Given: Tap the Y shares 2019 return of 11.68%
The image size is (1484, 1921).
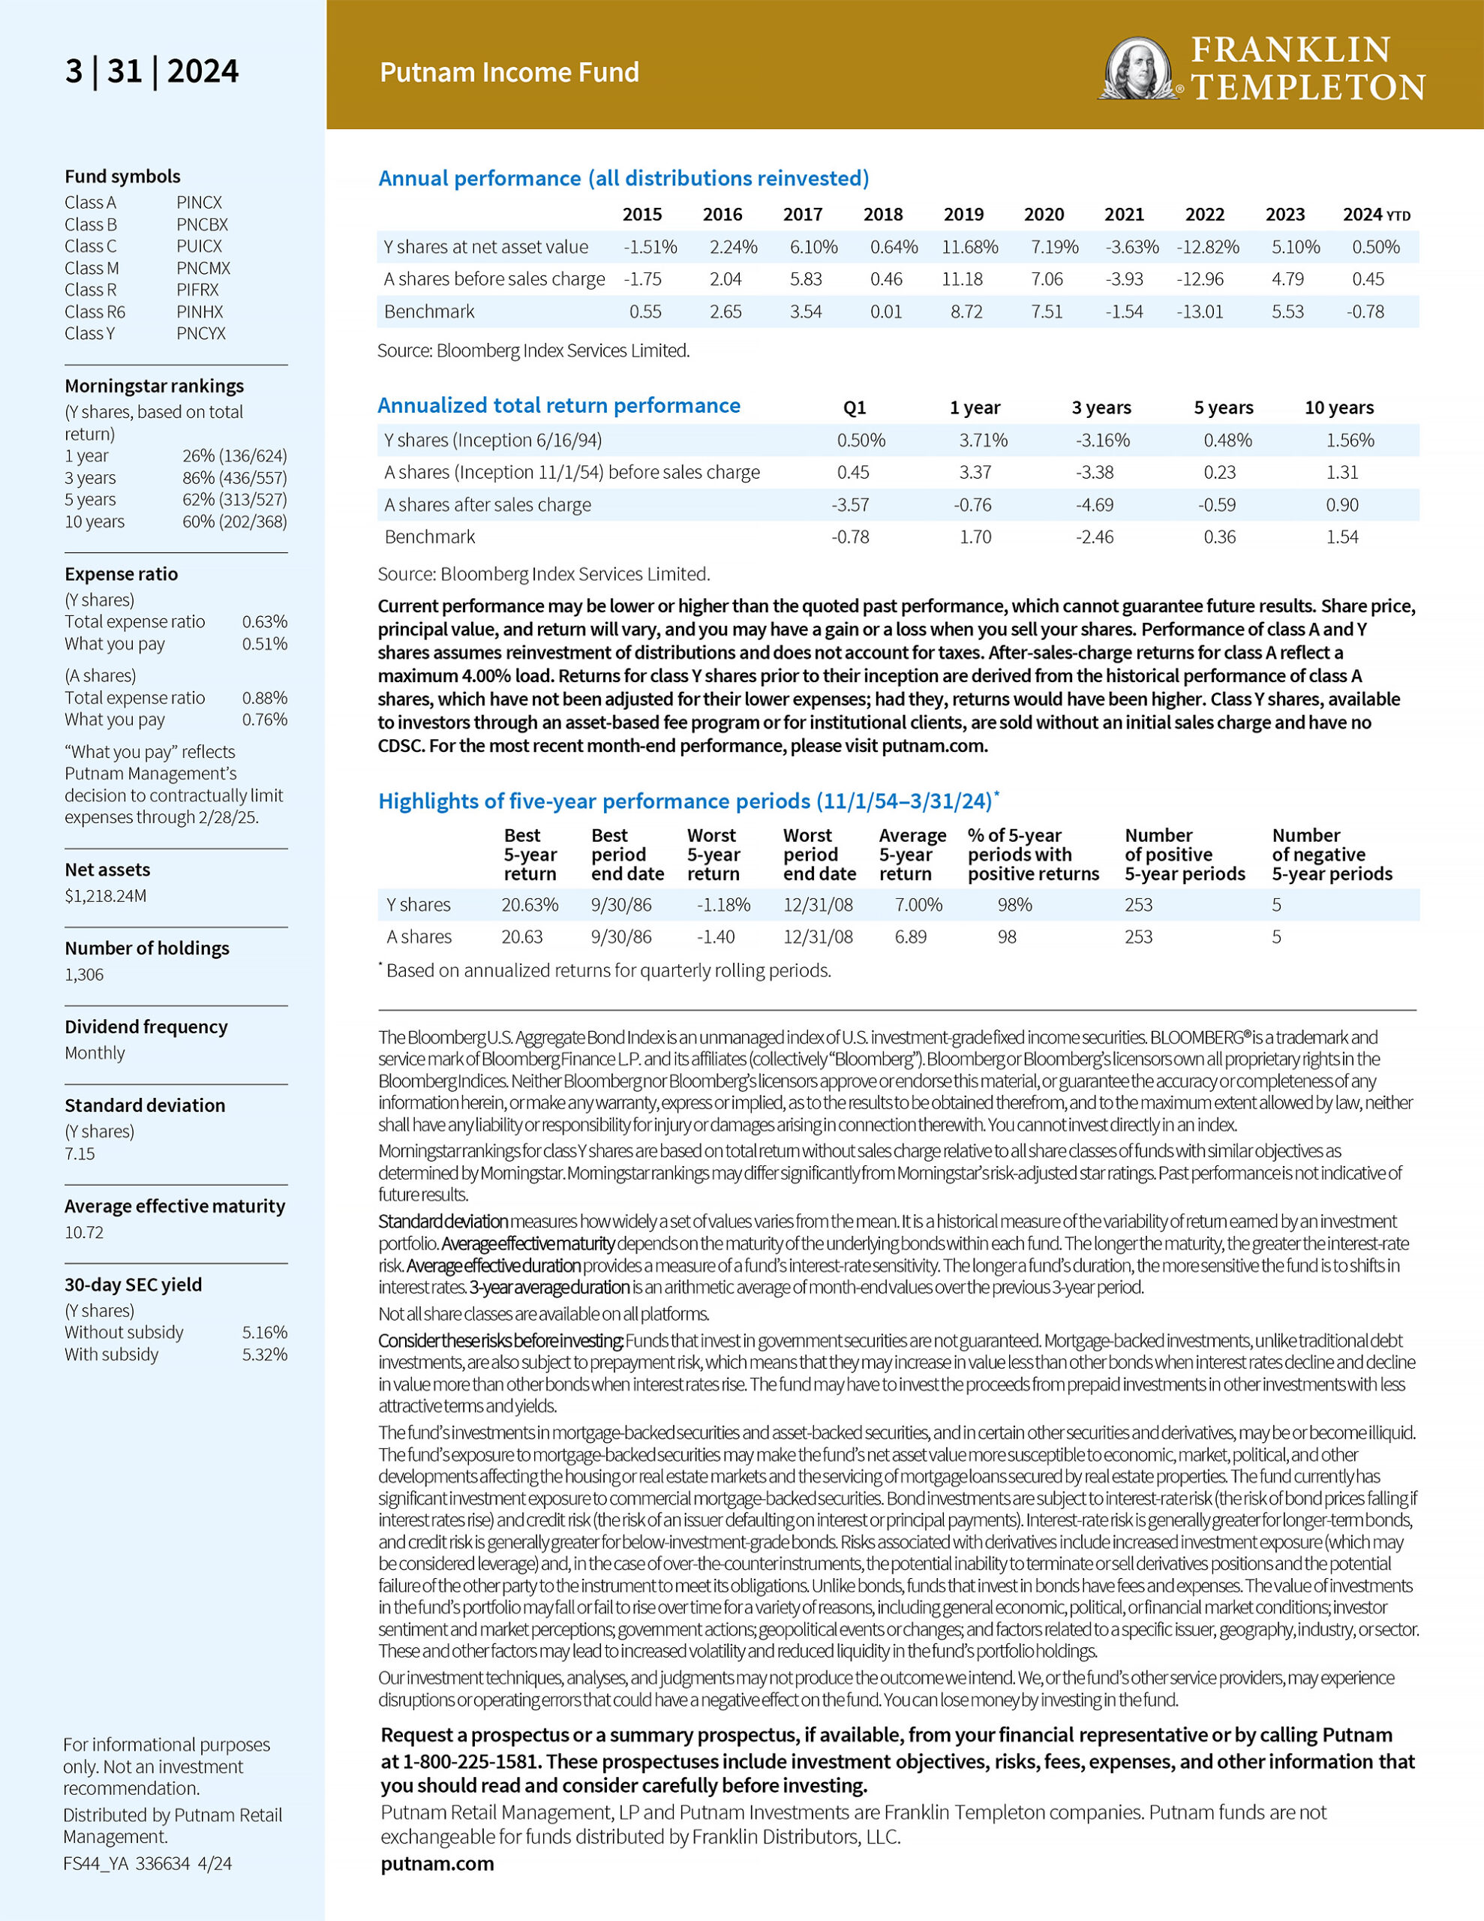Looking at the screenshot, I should coord(969,247).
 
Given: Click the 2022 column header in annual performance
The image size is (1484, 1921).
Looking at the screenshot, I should coord(1204,215).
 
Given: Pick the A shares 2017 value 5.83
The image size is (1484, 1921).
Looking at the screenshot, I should coord(806,279).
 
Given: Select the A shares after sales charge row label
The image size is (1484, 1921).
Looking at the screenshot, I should coord(488,505).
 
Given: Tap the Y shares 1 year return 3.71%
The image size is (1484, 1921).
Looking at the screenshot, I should coord(983,440).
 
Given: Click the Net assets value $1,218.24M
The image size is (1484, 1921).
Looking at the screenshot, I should coord(106,896).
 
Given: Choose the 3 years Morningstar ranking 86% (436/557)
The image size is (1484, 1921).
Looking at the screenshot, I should coord(234,477).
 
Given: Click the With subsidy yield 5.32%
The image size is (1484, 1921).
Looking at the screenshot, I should coord(265,1354).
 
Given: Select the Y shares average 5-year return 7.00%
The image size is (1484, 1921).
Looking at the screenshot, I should coord(918,904).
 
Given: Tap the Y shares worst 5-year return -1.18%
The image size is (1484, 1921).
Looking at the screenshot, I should coord(723,904).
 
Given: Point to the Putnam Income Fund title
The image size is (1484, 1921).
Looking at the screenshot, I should coord(509,72).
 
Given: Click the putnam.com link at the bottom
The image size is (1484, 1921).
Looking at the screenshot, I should coord(437,1863).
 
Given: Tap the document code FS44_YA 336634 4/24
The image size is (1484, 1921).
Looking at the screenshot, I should coord(148,1863).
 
